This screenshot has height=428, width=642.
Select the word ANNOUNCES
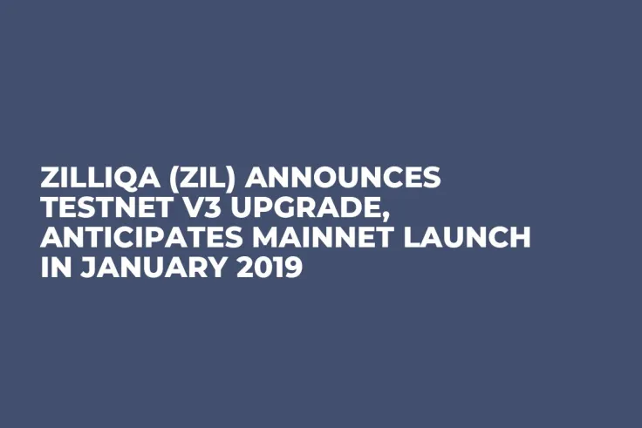[344, 179]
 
